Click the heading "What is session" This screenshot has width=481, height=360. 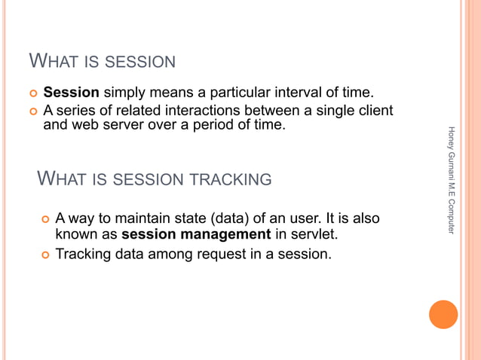tap(102, 61)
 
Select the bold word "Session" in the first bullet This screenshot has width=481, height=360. tap(72, 93)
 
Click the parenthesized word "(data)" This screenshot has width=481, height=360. tap(230, 219)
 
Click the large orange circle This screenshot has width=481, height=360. tap(443, 314)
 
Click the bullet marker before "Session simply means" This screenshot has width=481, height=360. tap(32, 93)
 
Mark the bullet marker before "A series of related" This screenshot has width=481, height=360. tap(32, 111)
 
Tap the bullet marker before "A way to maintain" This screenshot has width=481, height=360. tap(44, 220)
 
